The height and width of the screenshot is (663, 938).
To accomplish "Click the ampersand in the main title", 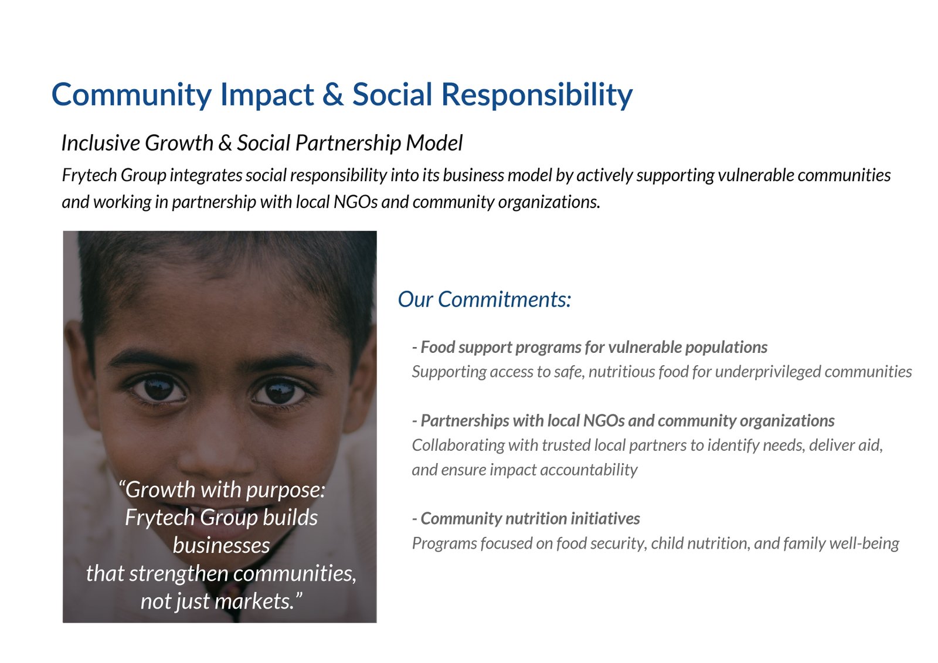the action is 333,94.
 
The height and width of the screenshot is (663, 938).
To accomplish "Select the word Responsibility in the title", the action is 537,96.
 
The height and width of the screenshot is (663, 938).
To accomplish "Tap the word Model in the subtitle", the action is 434,143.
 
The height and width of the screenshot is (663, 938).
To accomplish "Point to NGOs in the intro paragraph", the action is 355,202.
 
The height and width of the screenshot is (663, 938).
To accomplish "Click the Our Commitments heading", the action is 484,299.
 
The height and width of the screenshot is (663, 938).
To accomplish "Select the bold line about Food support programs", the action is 590,347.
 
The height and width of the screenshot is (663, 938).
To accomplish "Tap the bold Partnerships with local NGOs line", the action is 623,421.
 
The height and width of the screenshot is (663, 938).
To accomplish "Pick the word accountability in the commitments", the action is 589,470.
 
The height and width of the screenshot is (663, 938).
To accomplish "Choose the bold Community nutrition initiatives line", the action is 526,519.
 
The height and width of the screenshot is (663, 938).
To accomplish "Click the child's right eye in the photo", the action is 158,389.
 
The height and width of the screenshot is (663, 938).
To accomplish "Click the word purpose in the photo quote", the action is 285,490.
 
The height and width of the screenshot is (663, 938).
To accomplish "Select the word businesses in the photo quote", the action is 221,545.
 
